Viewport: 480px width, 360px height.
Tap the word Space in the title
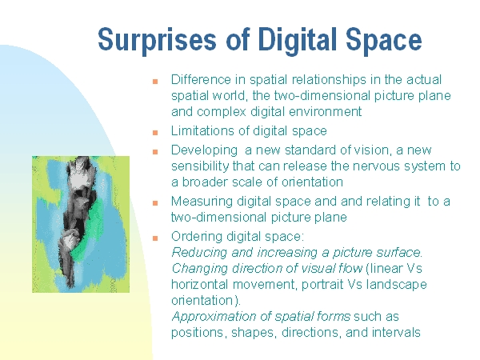[384, 39]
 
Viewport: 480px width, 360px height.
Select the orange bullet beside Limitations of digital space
[155, 133]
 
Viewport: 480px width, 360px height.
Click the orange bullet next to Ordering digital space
[155, 238]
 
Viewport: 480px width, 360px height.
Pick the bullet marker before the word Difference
[155, 82]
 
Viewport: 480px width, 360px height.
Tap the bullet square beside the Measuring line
[155, 203]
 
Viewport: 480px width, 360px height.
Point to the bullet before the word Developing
[155, 152]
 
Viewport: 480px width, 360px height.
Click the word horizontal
[200, 285]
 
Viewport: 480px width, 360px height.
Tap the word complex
[222, 112]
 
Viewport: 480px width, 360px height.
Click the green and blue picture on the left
[81, 224]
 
